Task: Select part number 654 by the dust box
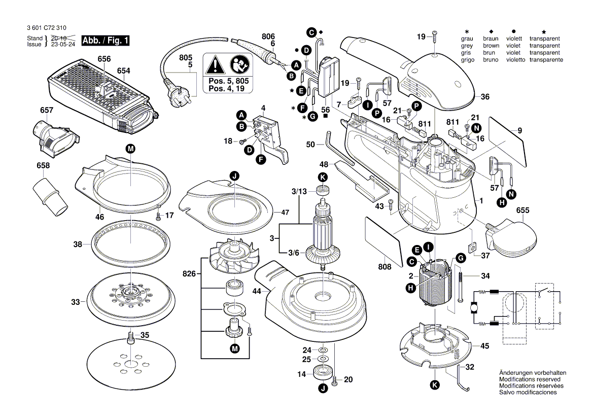pos(124,71)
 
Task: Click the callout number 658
pos(43,165)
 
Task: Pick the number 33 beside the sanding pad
pos(76,302)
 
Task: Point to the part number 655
pos(523,210)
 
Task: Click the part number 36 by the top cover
pos(485,97)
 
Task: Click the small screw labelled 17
pos(159,217)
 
